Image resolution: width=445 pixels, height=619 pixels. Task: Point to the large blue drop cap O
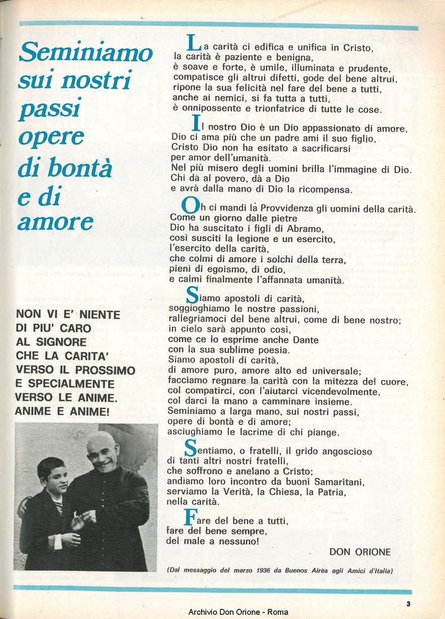coord(190,206)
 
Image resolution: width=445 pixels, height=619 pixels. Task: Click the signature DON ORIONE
coord(360,552)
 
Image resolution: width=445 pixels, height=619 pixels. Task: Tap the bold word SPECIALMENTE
coord(72,383)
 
